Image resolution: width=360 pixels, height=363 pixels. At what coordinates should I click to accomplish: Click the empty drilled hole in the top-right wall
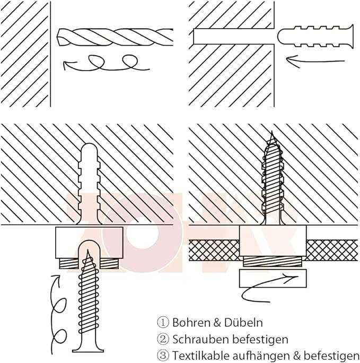(233, 36)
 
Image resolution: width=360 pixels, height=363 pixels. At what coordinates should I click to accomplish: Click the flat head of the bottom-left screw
(89, 347)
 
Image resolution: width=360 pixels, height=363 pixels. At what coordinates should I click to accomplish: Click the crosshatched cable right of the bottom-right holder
(329, 248)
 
